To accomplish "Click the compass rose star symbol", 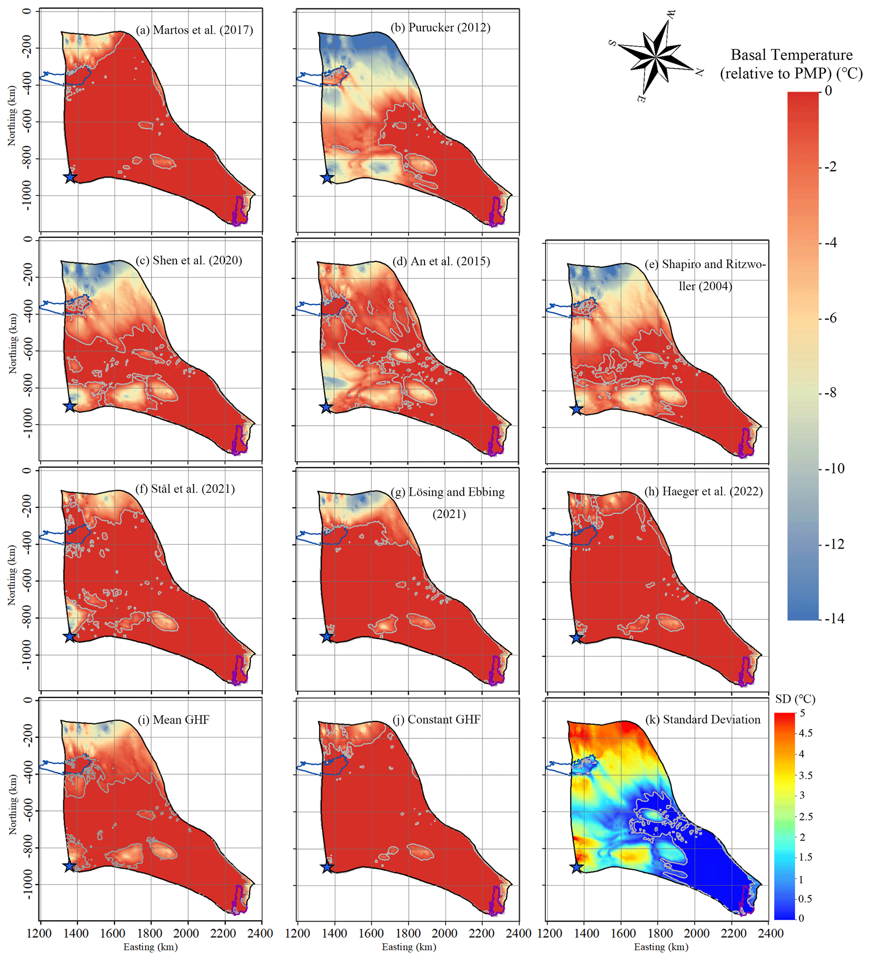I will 656,57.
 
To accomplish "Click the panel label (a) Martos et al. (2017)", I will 194,30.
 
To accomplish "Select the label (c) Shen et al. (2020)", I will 189,261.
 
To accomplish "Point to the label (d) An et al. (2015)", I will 441,261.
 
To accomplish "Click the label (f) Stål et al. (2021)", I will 185,489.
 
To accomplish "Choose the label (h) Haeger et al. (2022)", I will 703,492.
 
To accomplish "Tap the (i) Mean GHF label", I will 174,720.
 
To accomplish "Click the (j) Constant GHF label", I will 436,720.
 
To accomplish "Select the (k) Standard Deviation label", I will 702,720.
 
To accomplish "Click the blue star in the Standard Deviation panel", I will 577,867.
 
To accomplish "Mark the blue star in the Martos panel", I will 70,178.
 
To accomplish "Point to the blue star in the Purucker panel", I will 327,178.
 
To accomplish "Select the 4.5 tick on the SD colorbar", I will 805,733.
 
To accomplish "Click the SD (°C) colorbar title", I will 795,699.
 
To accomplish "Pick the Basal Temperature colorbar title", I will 791,64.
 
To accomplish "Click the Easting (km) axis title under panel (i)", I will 151,947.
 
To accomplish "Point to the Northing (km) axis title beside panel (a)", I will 11,116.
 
